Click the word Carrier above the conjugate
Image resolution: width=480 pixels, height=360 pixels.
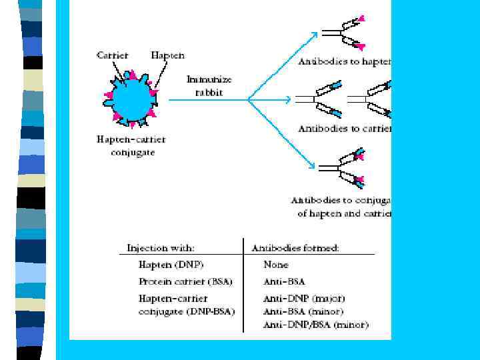[112, 55]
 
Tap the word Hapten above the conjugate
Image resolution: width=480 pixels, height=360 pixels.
[168, 55]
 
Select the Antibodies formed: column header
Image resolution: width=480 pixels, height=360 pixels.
[295, 248]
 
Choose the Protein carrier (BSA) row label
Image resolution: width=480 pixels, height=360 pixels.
[185, 281]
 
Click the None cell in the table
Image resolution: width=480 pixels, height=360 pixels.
[276, 265]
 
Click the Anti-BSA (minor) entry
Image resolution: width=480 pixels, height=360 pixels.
[303, 311]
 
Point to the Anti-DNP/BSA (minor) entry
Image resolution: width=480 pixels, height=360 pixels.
[316, 325]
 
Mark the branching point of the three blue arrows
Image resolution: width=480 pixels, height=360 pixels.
[248, 100]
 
